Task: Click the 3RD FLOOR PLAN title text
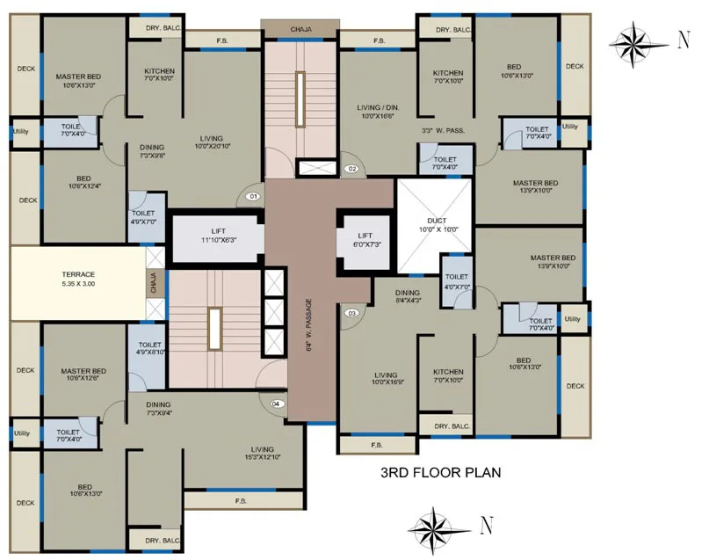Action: pyautogui.click(x=440, y=472)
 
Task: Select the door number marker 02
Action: pyautogui.click(x=351, y=169)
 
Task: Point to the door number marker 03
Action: pyautogui.click(x=351, y=313)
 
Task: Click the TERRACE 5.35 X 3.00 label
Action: pyautogui.click(x=77, y=280)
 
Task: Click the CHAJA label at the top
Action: pyautogui.click(x=300, y=30)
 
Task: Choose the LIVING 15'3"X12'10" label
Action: pyautogui.click(x=262, y=454)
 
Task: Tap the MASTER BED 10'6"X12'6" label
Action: pyautogui.click(x=84, y=375)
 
